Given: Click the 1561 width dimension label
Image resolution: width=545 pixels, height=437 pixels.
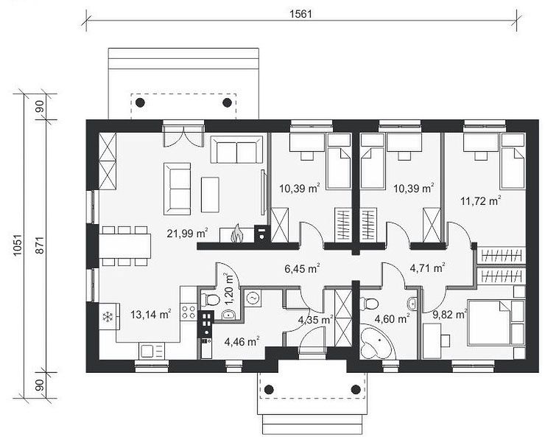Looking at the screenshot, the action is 301,14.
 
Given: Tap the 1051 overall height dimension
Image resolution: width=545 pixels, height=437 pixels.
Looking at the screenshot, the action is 18,245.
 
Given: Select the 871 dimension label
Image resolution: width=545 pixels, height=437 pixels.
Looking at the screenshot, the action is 40,245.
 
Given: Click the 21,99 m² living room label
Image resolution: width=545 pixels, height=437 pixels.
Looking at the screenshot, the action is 187,234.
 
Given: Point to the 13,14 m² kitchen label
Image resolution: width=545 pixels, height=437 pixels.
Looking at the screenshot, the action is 150,315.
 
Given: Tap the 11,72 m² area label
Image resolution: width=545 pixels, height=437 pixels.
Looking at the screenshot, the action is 481,200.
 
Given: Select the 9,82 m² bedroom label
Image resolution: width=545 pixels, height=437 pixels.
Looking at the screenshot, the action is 449,315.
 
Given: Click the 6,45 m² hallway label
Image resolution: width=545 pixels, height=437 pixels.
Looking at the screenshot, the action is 302,269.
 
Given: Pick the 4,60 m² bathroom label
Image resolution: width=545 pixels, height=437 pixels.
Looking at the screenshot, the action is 392,318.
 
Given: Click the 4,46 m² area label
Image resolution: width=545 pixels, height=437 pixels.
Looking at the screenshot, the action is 242,342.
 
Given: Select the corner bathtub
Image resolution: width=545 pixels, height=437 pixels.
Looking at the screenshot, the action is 376,343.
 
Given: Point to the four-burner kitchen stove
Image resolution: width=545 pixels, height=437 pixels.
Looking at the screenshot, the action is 188,312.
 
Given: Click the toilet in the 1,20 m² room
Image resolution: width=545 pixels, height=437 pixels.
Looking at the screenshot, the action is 210,298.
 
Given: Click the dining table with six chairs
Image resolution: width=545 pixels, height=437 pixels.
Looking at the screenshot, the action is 124,246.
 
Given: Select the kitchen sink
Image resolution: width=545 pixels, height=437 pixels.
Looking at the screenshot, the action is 152,351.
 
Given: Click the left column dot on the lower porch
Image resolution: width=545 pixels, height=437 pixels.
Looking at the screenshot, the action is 269,389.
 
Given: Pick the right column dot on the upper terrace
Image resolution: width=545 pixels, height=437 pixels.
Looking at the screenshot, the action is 228,102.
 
